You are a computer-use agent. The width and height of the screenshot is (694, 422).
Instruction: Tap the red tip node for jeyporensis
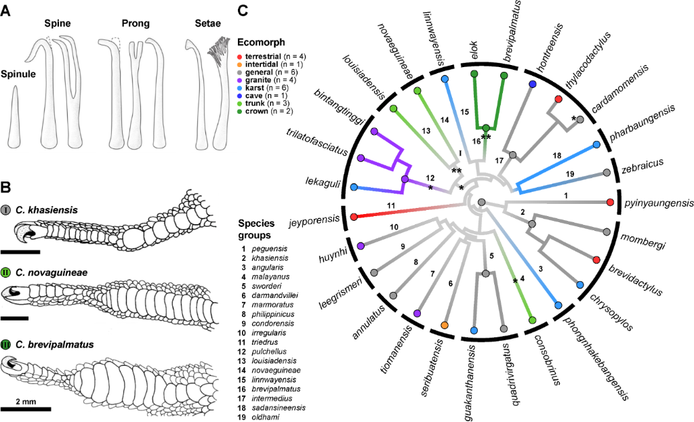coord(354,217)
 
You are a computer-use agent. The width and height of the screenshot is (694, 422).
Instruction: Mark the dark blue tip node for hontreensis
coord(533,84)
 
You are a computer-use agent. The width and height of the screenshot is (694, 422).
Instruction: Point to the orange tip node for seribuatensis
coord(445,326)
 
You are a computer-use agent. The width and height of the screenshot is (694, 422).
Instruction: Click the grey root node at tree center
coord(481,202)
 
